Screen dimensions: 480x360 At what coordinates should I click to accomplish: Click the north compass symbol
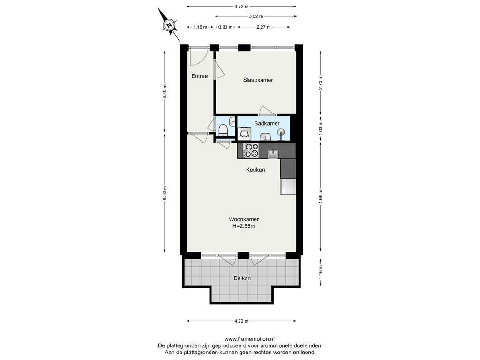tap(169, 24)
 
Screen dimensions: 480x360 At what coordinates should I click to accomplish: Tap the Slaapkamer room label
tap(258, 80)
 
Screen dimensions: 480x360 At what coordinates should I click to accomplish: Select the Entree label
tap(200, 76)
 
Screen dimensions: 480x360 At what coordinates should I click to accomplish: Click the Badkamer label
tap(267, 123)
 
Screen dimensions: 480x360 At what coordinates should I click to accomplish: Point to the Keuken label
tap(255, 170)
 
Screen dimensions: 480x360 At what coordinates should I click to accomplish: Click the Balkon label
tap(242, 278)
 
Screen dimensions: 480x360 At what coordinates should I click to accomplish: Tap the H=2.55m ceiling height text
tap(244, 226)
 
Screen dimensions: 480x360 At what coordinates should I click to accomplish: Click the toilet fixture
tap(223, 130)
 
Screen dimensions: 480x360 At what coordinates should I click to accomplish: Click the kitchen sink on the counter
tap(273, 153)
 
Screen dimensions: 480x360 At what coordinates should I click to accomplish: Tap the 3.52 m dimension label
tap(256, 16)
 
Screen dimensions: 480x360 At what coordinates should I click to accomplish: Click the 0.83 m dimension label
tap(225, 27)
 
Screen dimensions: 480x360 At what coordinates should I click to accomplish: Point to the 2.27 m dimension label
tap(263, 27)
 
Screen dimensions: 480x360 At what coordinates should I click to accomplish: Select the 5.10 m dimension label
tap(165, 193)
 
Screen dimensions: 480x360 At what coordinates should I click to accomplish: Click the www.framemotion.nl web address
tap(249, 339)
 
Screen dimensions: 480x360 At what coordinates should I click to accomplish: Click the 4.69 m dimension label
tap(321, 195)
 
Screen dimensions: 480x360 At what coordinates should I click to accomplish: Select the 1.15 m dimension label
tap(200, 27)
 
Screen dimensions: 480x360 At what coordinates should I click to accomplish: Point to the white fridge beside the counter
tap(288, 187)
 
